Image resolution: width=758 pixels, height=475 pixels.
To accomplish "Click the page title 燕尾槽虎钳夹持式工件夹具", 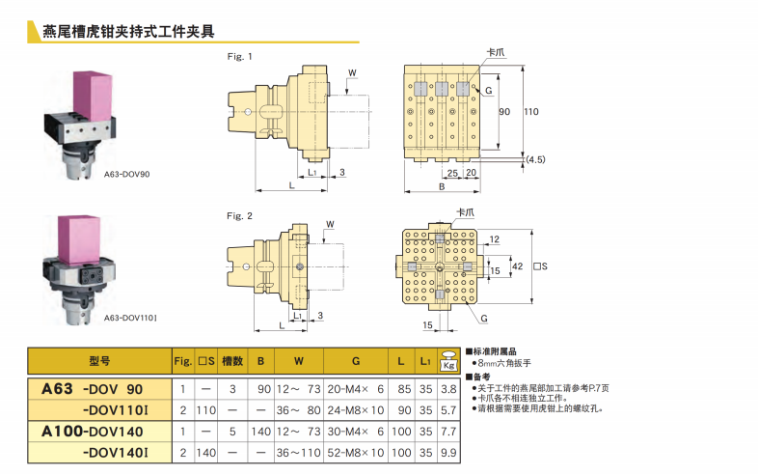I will pos(130,32).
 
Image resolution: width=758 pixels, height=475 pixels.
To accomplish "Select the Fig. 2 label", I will pos(239,214).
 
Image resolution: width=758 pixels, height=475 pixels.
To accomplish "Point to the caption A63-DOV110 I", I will pos(130,318).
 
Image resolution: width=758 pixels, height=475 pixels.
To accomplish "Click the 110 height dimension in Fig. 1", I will pos(531,112).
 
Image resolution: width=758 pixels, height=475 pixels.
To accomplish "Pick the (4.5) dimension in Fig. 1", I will pos(535,158).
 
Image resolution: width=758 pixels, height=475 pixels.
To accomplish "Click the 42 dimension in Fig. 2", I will pos(517,265).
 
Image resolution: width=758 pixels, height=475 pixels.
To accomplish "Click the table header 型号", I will pos(99,361).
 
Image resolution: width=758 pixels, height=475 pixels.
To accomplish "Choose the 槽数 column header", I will pos(230,361).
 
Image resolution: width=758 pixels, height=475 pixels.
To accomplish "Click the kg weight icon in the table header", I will pos(448,360).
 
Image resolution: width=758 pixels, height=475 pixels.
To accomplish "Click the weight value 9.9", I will pos(448,452).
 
